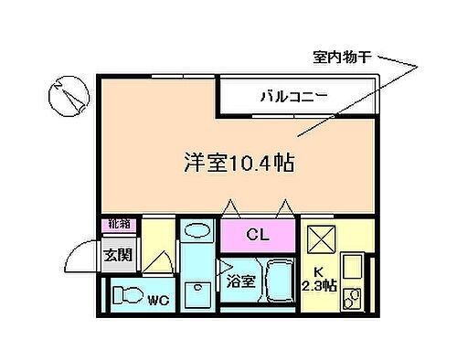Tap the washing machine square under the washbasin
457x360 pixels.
click(194, 291)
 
